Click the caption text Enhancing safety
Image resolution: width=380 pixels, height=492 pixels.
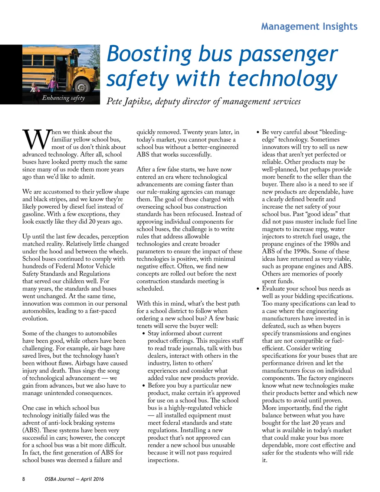pos(63,98)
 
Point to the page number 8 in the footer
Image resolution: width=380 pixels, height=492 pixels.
pos(24,479)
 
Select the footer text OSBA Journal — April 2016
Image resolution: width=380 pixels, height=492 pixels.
pos(74,479)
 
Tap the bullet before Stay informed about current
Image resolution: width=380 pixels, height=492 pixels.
pos(143,333)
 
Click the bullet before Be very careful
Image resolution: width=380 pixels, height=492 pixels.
pos(258,132)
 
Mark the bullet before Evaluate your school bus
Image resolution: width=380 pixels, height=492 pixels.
pos(258,289)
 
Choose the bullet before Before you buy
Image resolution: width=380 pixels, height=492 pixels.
pos(143,385)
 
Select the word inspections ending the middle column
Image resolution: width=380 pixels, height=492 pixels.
pos(163,460)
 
